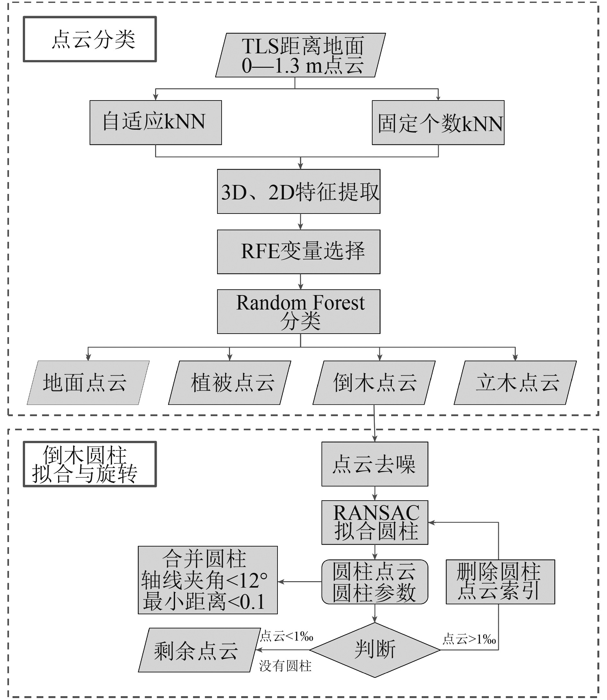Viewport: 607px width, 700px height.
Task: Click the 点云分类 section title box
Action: [90, 39]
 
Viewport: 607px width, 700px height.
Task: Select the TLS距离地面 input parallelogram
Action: [301, 55]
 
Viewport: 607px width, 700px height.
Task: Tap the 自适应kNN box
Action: [155, 123]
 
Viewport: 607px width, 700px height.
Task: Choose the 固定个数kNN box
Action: [438, 123]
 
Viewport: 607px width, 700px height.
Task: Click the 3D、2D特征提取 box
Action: [298, 191]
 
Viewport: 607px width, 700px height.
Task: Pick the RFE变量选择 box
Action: [298, 252]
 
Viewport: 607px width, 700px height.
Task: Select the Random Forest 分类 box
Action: [298, 311]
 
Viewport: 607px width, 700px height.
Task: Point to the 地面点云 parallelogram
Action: [88, 382]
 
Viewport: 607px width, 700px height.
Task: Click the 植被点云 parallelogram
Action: [230, 382]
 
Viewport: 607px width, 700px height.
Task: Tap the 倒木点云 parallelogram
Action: [374, 382]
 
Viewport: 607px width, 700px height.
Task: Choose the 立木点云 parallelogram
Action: [515, 382]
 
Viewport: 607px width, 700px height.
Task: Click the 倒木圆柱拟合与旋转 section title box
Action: [90, 464]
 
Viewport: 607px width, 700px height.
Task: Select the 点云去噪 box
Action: [374, 464]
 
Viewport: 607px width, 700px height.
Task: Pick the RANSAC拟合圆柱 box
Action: [374, 522]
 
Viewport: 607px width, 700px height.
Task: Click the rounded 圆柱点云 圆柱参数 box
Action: [374, 582]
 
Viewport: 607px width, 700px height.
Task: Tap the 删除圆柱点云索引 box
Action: [500, 582]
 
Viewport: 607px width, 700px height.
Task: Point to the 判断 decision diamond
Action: [374, 650]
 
